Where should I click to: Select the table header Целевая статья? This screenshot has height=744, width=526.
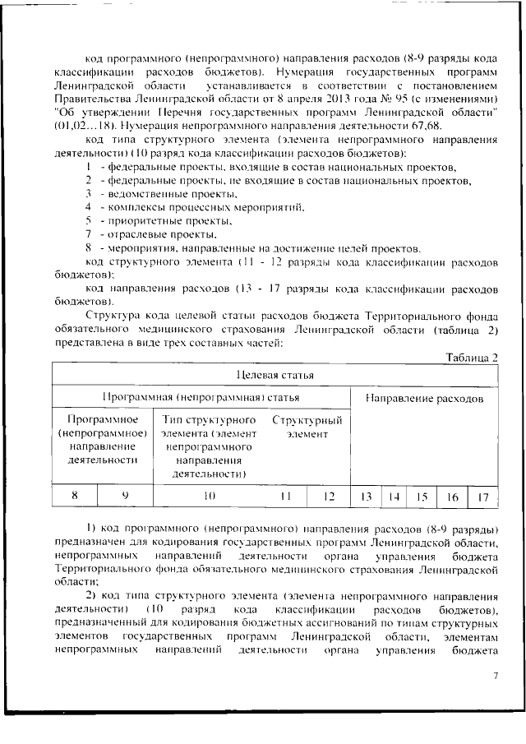pyautogui.click(x=275, y=376)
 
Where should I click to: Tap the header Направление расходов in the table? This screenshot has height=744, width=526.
pyautogui.click(x=424, y=398)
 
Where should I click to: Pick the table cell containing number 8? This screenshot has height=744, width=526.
pyautogui.click(x=75, y=496)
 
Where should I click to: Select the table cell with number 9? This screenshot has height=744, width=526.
pyautogui.click(x=125, y=496)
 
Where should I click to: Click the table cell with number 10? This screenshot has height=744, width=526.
pyautogui.click(x=208, y=496)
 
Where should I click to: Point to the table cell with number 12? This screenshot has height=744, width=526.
pyautogui.click(x=329, y=496)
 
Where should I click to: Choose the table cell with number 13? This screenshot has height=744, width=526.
pyautogui.click(x=367, y=496)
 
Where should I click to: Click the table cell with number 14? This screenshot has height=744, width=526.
pyautogui.click(x=394, y=496)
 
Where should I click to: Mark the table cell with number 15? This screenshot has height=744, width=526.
pyautogui.click(x=422, y=496)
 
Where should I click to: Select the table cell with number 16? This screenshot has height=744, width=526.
pyautogui.click(x=452, y=496)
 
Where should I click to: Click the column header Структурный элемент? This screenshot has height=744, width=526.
pyautogui.click(x=307, y=427)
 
